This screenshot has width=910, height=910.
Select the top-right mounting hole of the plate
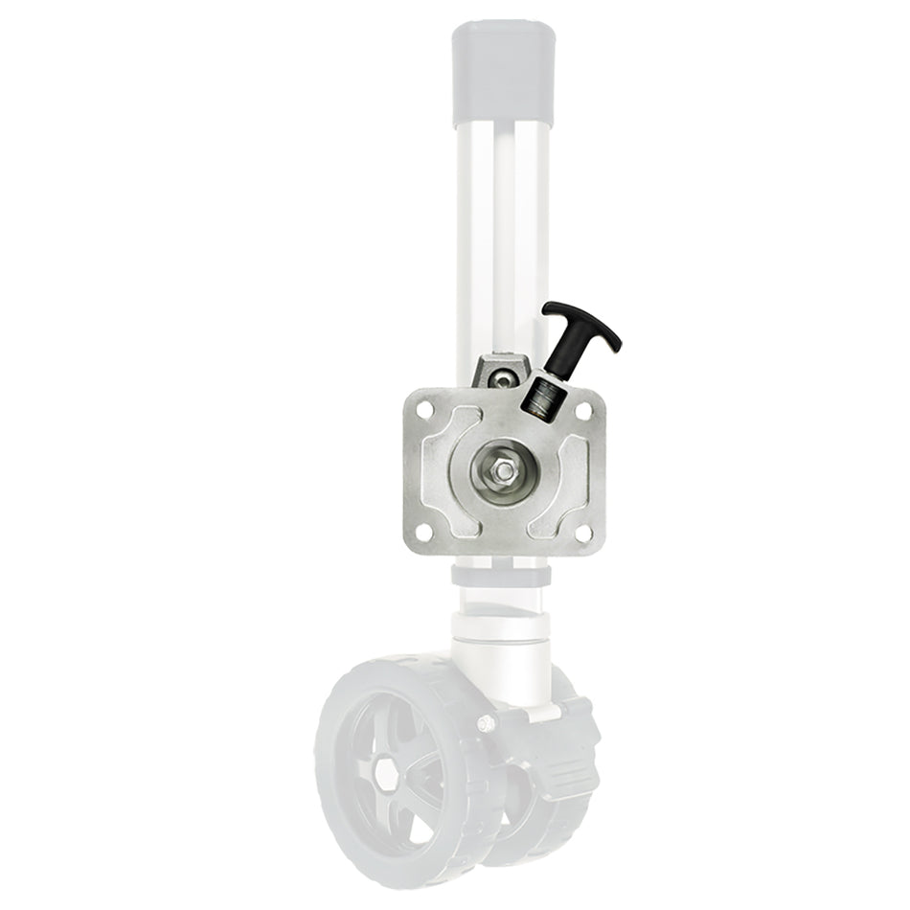581,409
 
